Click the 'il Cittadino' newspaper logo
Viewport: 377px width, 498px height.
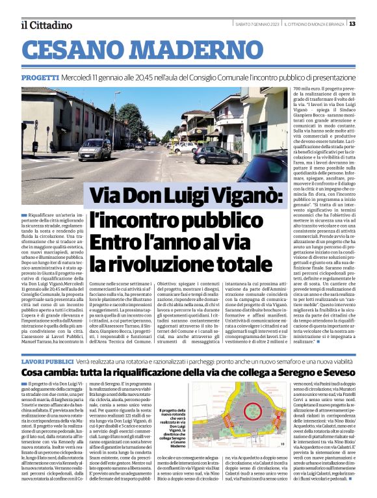point(45,25)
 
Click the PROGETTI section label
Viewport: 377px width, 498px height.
point(40,77)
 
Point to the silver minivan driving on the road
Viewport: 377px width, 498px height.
point(95,149)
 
